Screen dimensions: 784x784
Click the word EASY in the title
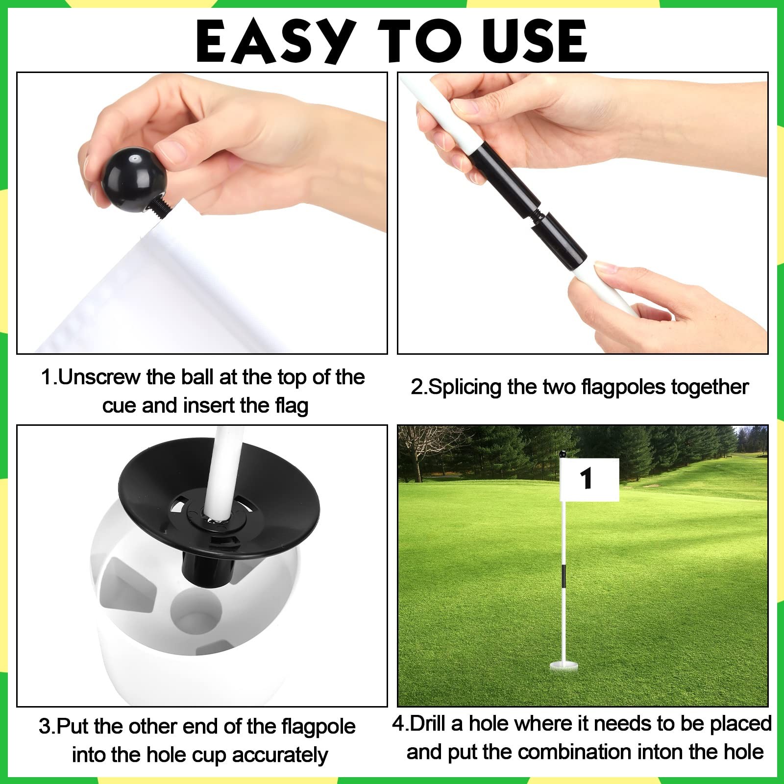point(276,41)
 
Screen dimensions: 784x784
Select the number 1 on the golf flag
point(586,478)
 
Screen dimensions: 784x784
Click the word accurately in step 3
point(280,756)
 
